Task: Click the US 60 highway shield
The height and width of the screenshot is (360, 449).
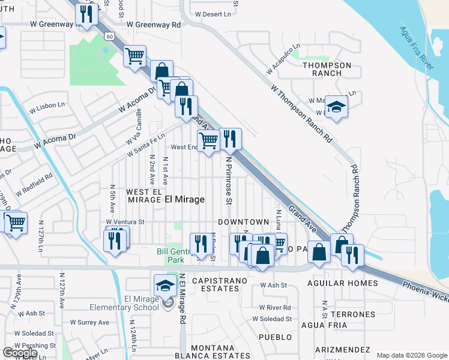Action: click(109, 37)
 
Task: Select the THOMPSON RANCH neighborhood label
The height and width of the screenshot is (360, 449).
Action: click(327, 69)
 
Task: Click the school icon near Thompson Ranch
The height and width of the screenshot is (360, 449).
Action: click(336, 107)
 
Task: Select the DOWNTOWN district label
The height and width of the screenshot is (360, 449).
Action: click(243, 222)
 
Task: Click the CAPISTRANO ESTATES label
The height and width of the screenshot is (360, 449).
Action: click(216, 284)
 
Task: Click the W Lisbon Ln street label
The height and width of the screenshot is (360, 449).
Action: click(46, 106)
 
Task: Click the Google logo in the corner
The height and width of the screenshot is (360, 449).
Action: click(20, 353)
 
